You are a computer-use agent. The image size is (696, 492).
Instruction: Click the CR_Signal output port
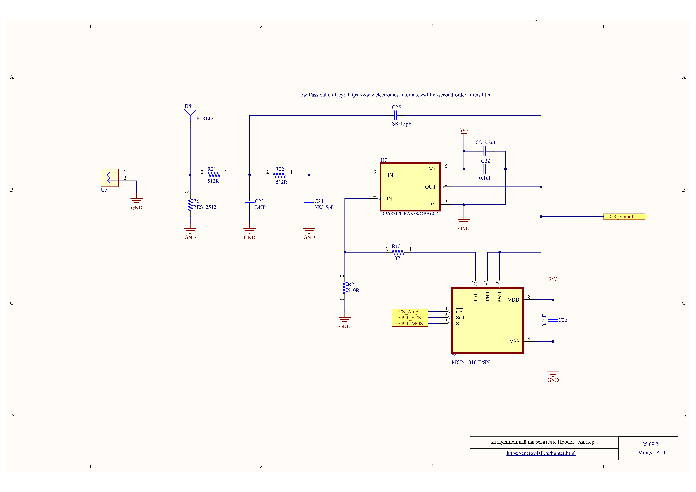pos(625,217)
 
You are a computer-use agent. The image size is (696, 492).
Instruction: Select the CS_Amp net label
pos(410,311)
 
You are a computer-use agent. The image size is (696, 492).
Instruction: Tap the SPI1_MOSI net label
pos(410,324)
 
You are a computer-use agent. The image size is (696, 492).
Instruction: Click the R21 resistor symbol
pos(214,175)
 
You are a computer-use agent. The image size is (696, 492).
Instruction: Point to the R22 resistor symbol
pos(280,175)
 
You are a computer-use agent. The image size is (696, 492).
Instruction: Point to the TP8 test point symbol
pos(190,113)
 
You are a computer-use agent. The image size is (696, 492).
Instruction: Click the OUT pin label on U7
pos(430,187)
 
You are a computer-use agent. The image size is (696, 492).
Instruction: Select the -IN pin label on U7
pos(388,199)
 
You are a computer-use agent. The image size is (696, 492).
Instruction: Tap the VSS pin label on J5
pos(514,342)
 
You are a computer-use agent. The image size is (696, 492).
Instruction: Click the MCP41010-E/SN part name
pos(471,362)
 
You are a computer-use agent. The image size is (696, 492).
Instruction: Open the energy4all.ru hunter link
pos(541,453)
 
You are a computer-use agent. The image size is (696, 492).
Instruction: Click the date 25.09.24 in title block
pos(651,444)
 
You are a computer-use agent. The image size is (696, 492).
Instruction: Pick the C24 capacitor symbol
pos(309,201)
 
